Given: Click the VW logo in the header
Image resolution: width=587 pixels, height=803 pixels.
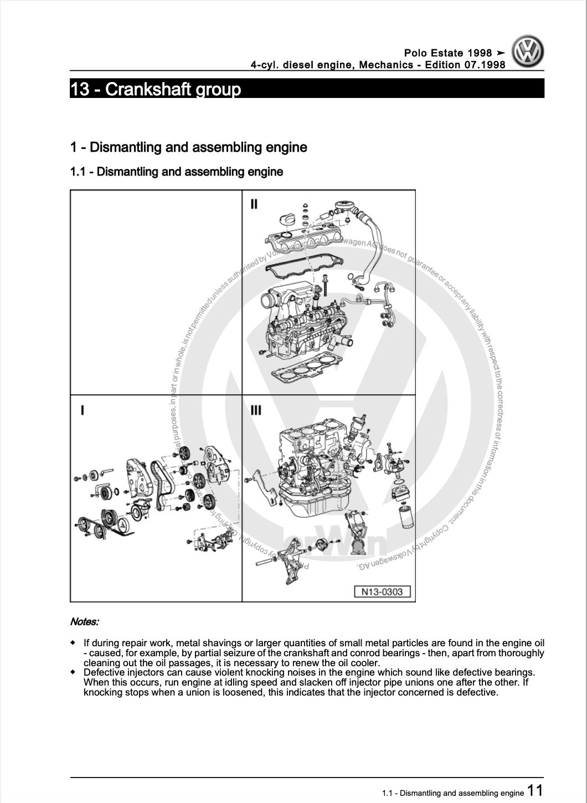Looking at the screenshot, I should pos(527,52).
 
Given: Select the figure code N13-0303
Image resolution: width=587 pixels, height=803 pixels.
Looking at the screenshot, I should pos(382,591).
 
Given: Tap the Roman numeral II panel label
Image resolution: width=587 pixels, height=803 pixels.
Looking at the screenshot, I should pos(254,204).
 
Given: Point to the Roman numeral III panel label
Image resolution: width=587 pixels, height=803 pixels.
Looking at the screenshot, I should pos(256,410).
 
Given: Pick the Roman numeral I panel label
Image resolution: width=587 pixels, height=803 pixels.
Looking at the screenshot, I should pos(83,410).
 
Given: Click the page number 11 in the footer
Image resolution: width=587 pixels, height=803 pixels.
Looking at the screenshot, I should pos(534,790).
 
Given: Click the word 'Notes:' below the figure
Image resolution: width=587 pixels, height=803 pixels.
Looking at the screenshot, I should pos(84,621).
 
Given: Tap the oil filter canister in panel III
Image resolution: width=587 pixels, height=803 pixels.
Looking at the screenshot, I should pos(405,515).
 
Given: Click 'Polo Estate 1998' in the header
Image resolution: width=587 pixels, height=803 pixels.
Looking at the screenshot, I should pos(447,53).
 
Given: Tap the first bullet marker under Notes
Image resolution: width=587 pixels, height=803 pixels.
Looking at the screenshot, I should pos(73,643).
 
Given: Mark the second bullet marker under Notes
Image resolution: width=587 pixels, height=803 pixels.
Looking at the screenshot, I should pos(73,672).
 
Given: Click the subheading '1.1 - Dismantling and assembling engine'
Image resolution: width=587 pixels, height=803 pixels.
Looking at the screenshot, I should pos(176,172).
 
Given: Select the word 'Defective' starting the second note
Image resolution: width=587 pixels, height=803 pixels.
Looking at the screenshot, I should pos(105,672).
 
